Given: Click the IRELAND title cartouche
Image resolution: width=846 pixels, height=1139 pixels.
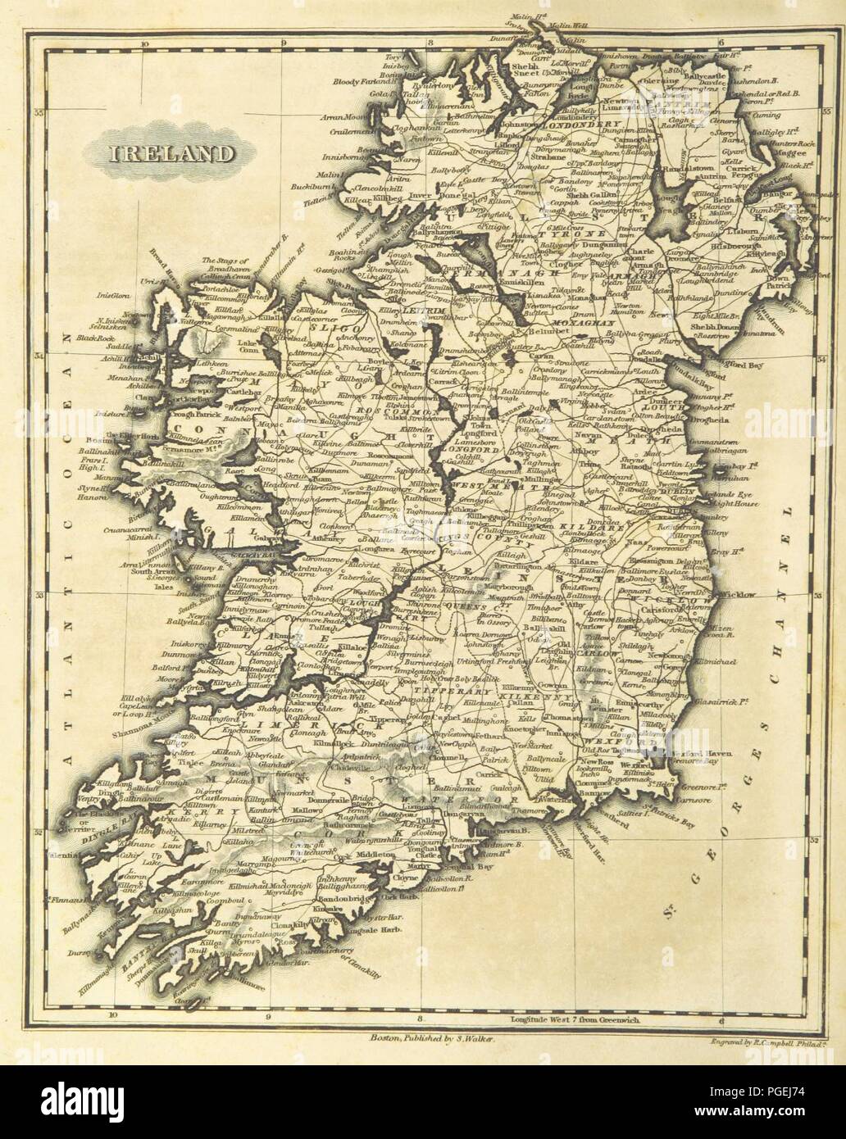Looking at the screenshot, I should [x=161, y=152].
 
